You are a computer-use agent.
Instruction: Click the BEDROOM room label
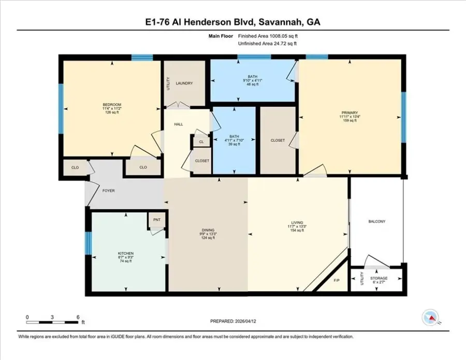tap(112, 105)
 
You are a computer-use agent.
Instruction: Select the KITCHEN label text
tap(126, 253)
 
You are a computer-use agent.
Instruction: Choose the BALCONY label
tap(376, 222)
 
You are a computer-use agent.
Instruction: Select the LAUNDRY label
tap(184, 83)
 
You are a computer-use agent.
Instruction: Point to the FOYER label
tap(108, 191)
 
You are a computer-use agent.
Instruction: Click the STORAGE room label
tap(382, 278)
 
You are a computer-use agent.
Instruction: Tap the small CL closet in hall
tap(201, 141)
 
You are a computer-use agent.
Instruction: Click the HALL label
tap(179, 124)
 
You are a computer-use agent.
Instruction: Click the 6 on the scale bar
tap(78, 316)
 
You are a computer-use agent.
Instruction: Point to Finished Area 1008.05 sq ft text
tap(268, 36)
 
